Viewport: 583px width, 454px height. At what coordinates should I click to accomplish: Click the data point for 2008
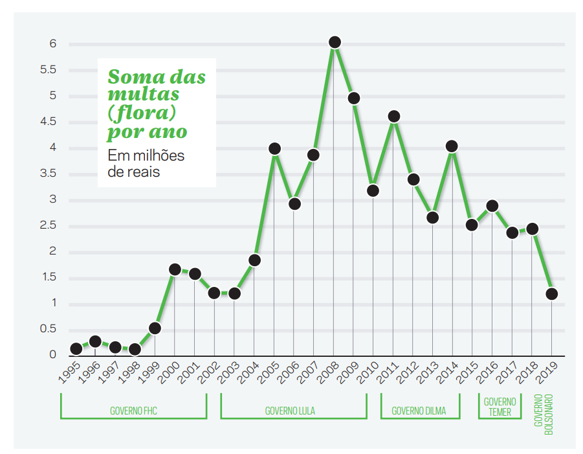point(335,42)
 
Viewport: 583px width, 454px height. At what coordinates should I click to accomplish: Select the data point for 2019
point(551,293)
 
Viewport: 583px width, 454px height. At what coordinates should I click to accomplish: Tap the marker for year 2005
point(274,148)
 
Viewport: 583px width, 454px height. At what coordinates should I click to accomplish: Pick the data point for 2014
point(452,146)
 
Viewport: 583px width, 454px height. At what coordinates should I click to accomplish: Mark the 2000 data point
point(175,269)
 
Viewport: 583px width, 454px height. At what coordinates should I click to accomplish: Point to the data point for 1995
point(76,348)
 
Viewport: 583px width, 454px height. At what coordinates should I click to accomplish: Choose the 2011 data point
point(393,117)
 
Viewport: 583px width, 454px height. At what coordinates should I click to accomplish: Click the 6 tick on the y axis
point(53,44)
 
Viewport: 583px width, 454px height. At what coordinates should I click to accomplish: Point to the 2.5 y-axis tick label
point(49,226)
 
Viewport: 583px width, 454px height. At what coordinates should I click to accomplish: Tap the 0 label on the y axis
point(53,356)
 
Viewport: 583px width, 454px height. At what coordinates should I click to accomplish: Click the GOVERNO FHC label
point(133,411)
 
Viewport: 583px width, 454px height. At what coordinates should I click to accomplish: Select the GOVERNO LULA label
point(290,411)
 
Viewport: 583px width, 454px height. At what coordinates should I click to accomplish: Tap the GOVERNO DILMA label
point(419,411)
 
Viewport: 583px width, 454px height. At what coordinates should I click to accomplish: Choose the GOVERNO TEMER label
point(500,407)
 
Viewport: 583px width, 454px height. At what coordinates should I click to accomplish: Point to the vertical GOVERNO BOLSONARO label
point(544,413)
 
